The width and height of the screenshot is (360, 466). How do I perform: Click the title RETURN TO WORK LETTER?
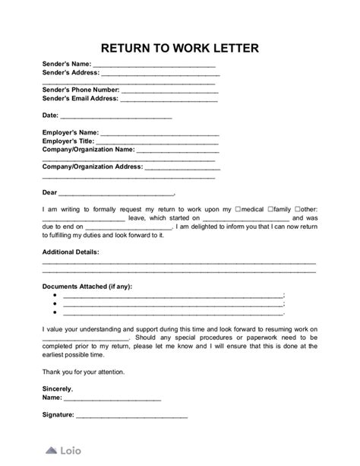(x=179, y=48)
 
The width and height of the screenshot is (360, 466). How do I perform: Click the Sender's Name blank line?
(x=154, y=66)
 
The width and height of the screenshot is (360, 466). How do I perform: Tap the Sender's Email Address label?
(x=81, y=98)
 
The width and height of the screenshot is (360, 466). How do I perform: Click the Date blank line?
(x=115, y=116)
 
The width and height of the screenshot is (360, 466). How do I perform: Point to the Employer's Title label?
(x=68, y=141)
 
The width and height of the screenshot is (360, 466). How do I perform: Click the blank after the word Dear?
(x=115, y=194)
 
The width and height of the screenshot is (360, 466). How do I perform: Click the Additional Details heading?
(x=71, y=251)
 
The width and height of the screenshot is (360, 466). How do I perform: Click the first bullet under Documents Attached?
(x=55, y=295)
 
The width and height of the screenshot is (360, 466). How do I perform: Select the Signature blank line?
(x=131, y=415)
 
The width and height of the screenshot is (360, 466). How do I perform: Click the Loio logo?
(x=63, y=450)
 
